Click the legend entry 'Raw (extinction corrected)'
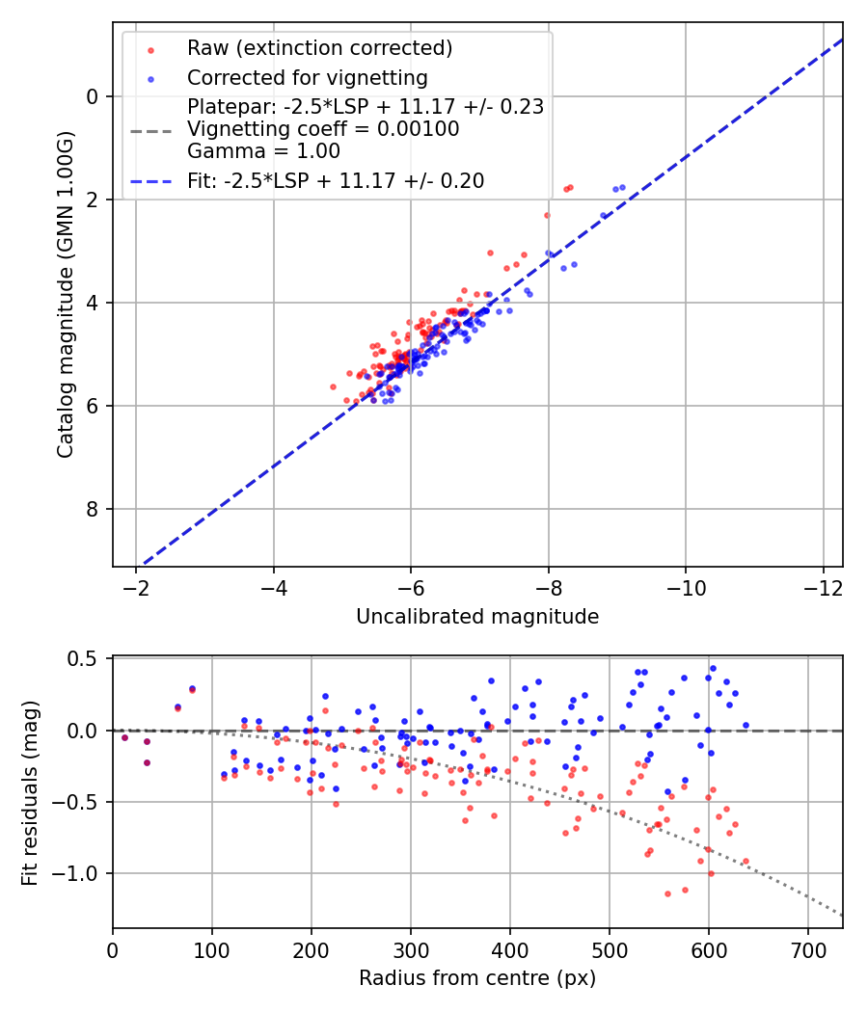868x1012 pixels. pos(319,48)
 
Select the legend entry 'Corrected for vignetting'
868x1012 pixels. pos(307,77)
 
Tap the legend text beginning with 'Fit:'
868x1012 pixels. pos(336,180)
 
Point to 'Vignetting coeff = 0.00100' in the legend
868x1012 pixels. pos(323,129)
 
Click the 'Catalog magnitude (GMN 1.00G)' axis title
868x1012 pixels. pos(65,294)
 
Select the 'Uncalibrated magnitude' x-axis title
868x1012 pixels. pos(477,617)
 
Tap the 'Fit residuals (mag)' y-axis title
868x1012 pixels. pos(30,792)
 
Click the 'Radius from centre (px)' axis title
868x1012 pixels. pos(477,978)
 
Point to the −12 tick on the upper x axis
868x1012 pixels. pos(823,587)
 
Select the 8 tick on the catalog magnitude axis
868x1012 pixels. pos(93,509)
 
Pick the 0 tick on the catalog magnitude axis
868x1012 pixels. pos(93,96)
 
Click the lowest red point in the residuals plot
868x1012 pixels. pos(667,893)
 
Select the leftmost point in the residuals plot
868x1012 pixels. pos(124,737)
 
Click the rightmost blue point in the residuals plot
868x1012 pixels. pos(746,725)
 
